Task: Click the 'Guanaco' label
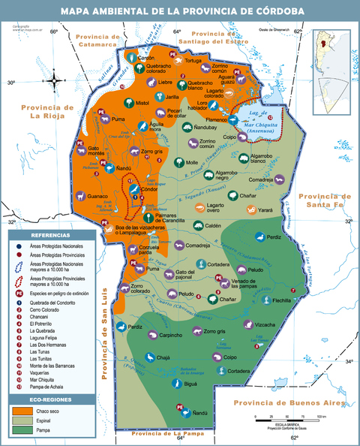(x=98, y=196)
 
